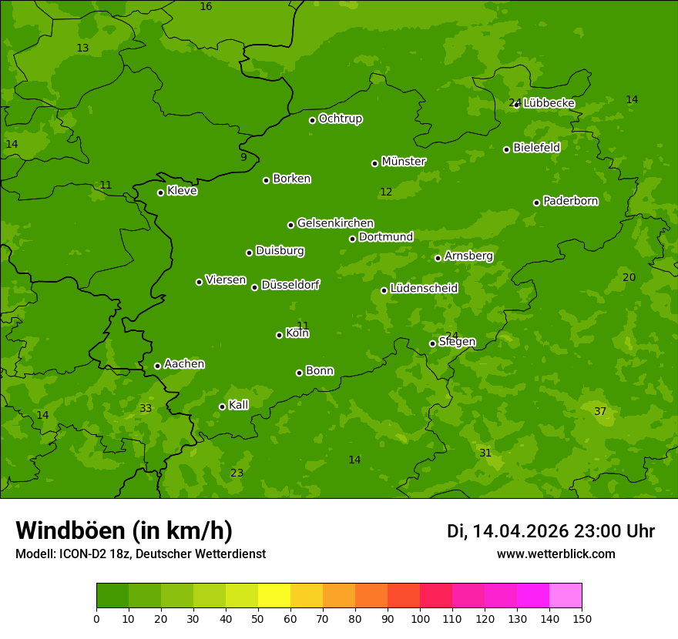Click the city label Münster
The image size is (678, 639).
tap(404, 162)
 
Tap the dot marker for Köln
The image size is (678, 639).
tap(279, 335)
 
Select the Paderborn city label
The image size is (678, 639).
tap(570, 201)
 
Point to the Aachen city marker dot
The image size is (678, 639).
tap(157, 366)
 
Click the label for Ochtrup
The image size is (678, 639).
tap(340, 119)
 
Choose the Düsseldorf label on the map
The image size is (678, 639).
tap(290, 285)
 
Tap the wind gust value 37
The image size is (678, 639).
tap(600, 412)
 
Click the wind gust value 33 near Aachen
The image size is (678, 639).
tap(146, 408)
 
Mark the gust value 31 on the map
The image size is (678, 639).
tap(485, 453)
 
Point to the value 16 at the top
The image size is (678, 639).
tap(206, 7)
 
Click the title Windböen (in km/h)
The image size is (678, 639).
tap(124, 530)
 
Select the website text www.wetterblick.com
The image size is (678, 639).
tap(555, 554)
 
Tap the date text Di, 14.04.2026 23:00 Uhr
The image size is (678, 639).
tap(551, 531)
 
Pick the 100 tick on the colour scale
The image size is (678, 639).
tap(420, 618)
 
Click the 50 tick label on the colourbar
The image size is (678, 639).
tap(258, 618)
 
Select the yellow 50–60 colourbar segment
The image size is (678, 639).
tap(274, 596)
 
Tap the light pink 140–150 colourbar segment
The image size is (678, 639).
tap(566, 596)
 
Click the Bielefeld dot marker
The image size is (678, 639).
tap(506, 149)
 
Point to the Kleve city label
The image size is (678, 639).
tap(182, 190)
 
